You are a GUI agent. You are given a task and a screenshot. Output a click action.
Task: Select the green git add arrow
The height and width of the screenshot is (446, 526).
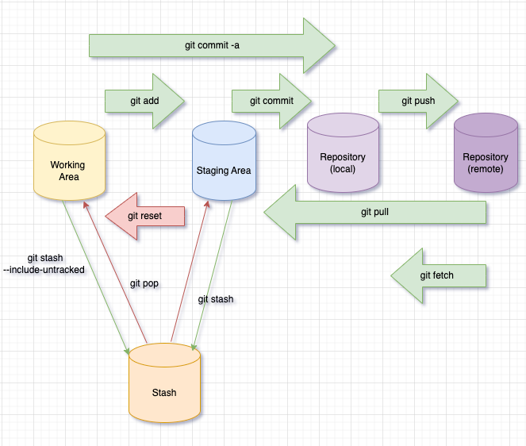(143, 102)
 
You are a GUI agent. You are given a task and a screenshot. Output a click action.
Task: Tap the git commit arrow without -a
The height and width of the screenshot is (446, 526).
(271, 102)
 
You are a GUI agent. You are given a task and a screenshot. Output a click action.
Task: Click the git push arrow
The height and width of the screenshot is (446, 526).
(417, 102)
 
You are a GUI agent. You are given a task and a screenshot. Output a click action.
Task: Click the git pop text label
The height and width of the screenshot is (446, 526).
(144, 283)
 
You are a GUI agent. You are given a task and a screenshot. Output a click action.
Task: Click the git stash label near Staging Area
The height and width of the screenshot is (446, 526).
(215, 299)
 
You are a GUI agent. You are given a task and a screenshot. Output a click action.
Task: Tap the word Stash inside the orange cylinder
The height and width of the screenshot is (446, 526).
(164, 392)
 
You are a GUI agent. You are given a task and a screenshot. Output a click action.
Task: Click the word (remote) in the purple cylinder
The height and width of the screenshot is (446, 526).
(486, 169)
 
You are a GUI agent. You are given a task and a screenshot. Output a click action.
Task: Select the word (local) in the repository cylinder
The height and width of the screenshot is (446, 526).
(342, 169)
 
